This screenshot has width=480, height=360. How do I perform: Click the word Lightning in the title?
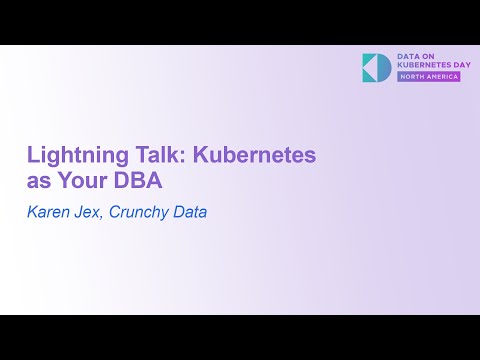click(70, 157)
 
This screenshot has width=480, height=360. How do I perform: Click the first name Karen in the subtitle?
click(49, 212)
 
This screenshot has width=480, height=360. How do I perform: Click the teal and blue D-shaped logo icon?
click(377, 67)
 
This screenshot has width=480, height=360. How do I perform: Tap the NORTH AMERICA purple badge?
click(430, 78)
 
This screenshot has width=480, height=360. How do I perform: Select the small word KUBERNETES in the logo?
click(419, 66)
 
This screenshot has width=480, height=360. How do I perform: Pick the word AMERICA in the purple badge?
click(441, 78)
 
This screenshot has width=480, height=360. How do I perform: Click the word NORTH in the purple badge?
click(414, 78)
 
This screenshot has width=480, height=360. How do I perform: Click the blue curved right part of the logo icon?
click(386, 67)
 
